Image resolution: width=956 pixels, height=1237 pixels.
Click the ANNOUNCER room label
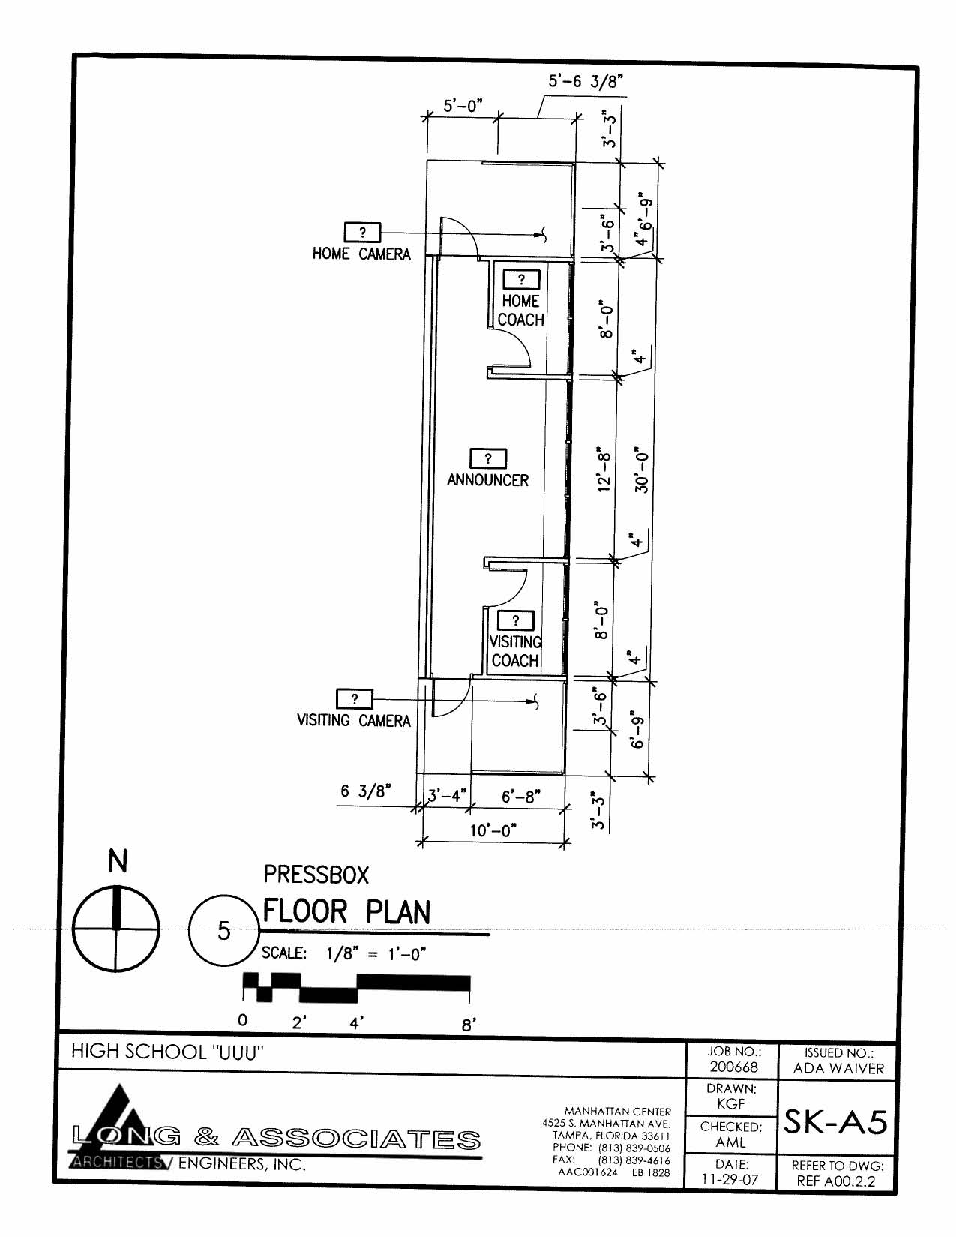487,479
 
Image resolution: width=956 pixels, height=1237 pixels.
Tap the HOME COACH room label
520,311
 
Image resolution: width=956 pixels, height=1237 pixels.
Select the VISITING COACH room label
515,651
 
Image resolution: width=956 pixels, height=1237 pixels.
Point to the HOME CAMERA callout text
361,254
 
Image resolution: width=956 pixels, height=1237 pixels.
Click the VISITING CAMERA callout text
353,721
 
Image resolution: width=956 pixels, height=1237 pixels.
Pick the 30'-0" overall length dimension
642,469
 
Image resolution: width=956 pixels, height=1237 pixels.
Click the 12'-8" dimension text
604,471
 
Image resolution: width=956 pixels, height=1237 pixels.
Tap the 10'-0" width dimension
493,830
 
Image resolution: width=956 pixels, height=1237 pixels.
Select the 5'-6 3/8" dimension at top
585,82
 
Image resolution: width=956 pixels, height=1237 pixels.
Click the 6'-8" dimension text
520,797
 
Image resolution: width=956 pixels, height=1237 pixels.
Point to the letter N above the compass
117,862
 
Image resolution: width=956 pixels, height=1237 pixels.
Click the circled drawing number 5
224,931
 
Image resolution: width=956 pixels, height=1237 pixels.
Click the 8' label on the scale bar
468,1025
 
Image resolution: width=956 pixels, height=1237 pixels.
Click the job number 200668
733,1067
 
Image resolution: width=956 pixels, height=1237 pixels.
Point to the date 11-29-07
730,1179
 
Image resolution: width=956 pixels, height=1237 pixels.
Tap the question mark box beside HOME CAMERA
362,233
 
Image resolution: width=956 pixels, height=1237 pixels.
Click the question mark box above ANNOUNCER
488,458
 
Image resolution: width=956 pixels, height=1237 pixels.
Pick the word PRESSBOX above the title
316,875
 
